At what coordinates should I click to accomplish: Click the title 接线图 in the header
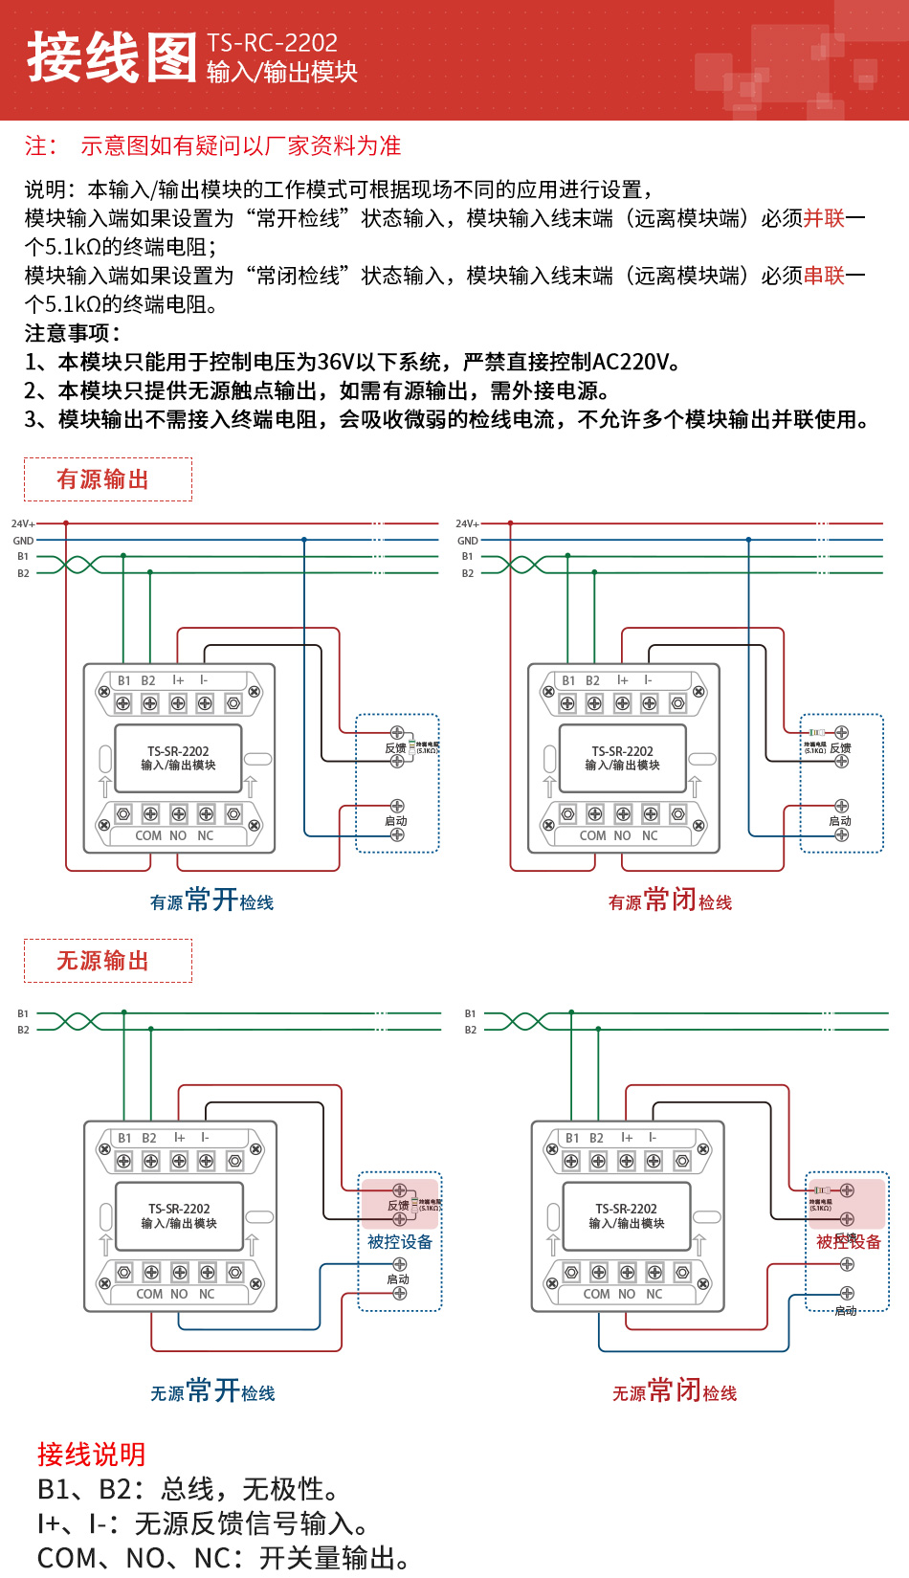(x=111, y=57)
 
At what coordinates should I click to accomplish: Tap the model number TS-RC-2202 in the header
(x=272, y=43)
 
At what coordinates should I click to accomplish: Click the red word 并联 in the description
(x=824, y=218)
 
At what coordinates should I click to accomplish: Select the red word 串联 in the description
(x=824, y=276)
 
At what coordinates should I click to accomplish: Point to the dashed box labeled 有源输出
(x=107, y=479)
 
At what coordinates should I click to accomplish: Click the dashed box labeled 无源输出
(x=107, y=961)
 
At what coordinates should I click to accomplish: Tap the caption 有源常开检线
(x=211, y=900)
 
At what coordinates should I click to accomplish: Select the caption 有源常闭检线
(x=670, y=900)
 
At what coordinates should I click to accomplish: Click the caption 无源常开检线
(x=211, y=1391)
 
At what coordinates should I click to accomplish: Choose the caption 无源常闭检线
(x=674, y=1391)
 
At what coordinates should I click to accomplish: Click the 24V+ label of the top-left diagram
(x=23, y=524)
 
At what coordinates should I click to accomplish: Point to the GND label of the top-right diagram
(x=467, y=541)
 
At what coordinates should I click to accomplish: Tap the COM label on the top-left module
(x=148, y=835)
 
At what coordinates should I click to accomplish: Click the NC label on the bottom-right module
(x=654, y=1294)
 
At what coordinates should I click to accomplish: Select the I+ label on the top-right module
(x=622, y=680)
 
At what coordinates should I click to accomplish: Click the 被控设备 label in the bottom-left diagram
(x=400, y=1242)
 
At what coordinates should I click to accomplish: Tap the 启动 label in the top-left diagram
(x=395, y=821)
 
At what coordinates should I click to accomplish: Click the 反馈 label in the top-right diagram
(x=840, y=748)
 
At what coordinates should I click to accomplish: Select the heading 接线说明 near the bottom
(x=91, y=1455)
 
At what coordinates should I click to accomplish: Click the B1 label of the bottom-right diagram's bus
(x=470, y=1013)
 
